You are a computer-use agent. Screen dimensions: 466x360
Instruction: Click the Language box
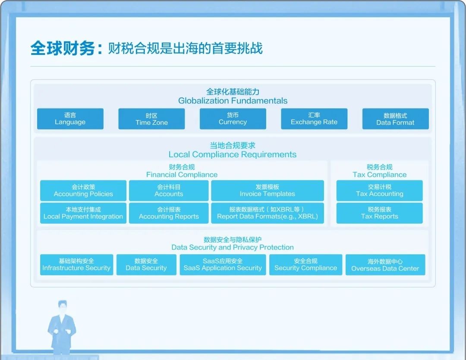[x=70, y=119]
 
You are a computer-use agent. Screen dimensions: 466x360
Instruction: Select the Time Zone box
[x=151, y=119]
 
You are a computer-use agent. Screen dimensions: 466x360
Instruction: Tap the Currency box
[x=233, y=119]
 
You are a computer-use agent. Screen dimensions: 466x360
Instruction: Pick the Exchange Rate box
[x=314, y=119]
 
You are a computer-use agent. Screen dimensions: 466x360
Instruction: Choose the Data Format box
[x=396, y=119]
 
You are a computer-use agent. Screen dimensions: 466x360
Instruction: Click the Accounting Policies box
[x=83, y=190]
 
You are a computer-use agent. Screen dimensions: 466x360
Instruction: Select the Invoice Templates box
[x=268, y=190]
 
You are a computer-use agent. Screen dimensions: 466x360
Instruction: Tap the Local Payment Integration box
[x=83, y=213]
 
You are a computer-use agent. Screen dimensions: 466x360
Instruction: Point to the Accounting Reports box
[x=169, y=213]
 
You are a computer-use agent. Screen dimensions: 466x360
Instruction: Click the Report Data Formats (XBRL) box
[x=268, y=213]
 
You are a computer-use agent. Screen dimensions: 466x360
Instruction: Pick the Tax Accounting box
[x=380, y=190]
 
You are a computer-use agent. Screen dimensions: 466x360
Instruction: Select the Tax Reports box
[x=380, y=213]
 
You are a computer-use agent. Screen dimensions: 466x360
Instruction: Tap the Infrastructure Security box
[x=77, y=265]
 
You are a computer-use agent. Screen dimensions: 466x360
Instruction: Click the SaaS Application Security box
[x=223, y=265]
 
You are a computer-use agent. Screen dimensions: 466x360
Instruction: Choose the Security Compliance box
[x=306, y=265]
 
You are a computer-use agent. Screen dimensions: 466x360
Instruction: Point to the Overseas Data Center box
[x=385, y=265]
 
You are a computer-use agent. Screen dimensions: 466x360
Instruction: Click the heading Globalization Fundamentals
[x=233, y=101]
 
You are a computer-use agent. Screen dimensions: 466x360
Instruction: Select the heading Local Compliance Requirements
[x=233, y=155]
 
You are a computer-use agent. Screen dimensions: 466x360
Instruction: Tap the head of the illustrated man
[x=63, y=307]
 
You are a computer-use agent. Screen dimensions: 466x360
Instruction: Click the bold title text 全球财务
[x=63, y=48]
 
